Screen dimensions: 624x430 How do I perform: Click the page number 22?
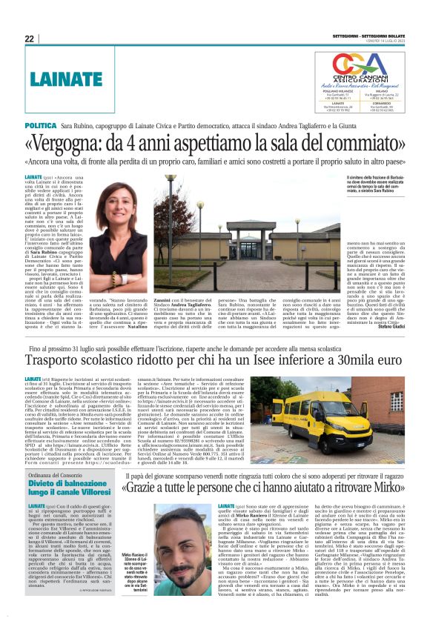29,39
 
